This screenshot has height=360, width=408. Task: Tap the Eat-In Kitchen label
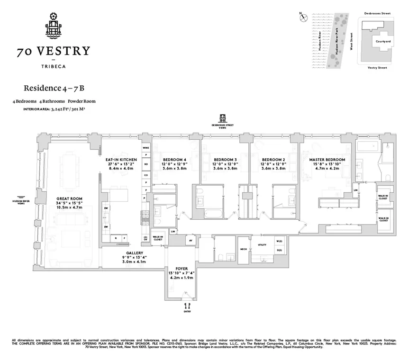pyautogui.click(x=121, y=160)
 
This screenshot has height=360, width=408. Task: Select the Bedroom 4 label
pyautogui.click(x=172, y=160)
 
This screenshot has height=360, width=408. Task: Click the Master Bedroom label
pyautogui.click(x=327, y=160)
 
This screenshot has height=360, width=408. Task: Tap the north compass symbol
pyautogui.click(x=303, y=18)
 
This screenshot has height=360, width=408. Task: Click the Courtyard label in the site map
pyautogui.click(x=383, y=41)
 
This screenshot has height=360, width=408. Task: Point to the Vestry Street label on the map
pyautogui.click(x=377, y=68)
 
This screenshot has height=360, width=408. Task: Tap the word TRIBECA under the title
pyautogui.click(x=53, y=67)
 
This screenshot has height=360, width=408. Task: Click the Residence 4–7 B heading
pyautogui.click(x=51, y=88)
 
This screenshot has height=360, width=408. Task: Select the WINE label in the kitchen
pyautogui.click(x=146, y=148)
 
